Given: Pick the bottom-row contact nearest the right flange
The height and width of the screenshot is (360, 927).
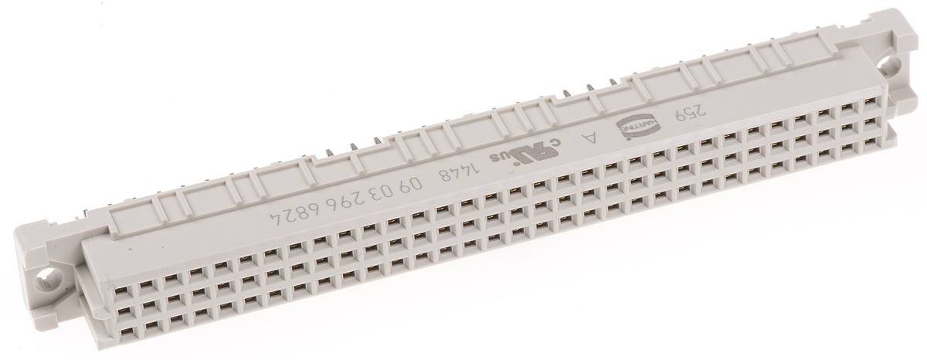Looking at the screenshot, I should click(873, 141).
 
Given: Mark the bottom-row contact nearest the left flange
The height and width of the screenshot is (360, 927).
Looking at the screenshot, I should click(122, 331).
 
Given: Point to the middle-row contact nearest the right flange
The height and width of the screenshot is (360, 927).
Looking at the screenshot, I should click(871, 121).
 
